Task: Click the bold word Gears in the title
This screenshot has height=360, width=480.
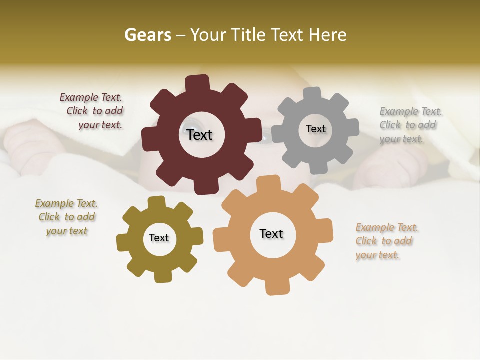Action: click(147, 35)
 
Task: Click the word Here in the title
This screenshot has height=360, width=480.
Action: click(327, 35)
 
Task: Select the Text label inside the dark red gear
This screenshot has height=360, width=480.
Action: click(199, 135)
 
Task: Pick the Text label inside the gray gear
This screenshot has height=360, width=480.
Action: click(315, 129)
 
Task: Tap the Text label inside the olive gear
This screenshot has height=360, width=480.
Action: click(159, 238)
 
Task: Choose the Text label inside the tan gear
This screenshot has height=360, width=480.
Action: click(271, 234)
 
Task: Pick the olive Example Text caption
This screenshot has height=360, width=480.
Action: click(67, 217)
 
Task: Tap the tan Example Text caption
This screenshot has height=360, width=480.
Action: click(386, 241)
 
